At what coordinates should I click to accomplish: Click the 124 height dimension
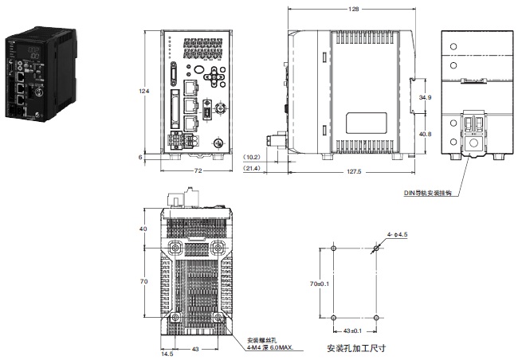click(x=144, y=92)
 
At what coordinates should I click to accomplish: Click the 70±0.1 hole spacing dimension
click(x=320, y=283)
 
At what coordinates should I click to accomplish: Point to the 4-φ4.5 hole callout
click(x=398, y=235)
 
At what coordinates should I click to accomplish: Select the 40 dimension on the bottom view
click(x=144, y=229)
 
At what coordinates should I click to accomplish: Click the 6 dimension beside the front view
click(x=143, y=158)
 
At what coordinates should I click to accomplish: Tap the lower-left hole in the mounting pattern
click(x=333, y=318)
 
